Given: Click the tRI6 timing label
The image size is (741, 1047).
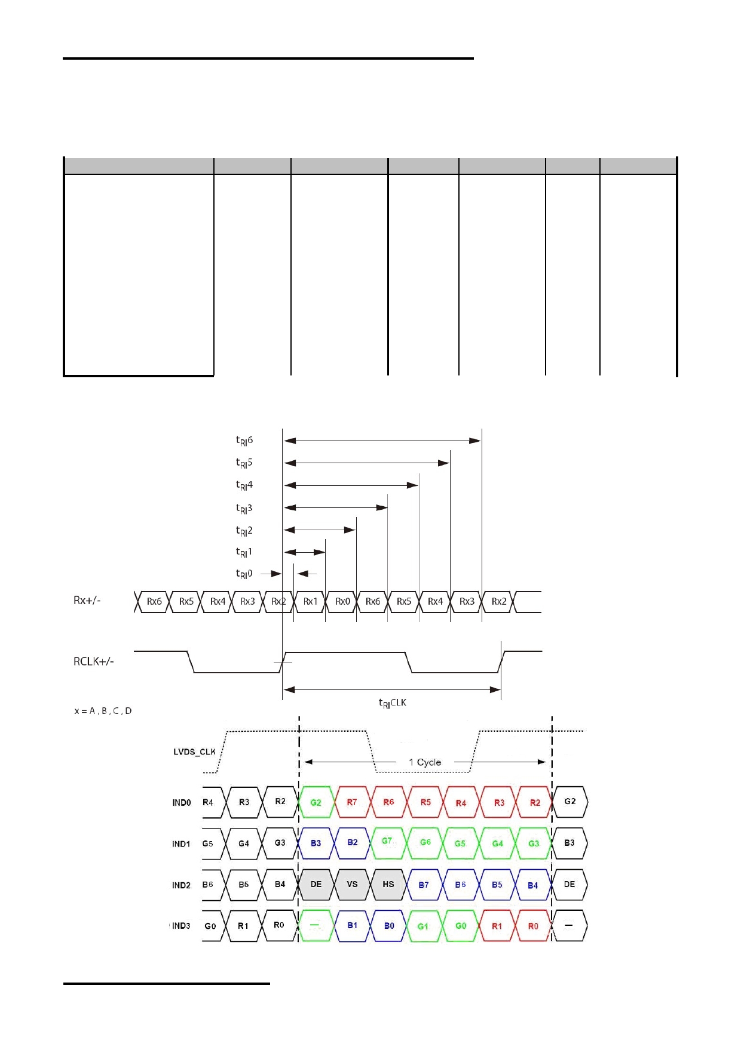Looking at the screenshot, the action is [x=244, y=441].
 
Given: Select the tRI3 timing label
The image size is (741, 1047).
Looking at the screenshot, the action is [x=244, y=509].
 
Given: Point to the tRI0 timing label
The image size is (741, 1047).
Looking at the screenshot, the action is [x=244, y=574].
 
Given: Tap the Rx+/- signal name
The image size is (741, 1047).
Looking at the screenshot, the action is [x=87, y=601].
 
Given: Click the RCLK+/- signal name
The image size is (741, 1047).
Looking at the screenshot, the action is [x=94, y=661].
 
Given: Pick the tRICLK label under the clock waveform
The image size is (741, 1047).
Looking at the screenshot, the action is [x=393, y=703].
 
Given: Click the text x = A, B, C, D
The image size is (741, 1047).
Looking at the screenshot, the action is [x=103, y=711].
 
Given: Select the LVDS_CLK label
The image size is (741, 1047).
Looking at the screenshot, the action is [x=194, y=752].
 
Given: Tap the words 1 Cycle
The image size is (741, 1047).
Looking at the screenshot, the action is [x=425, y=762].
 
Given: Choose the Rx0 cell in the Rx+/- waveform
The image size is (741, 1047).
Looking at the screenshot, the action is [x=342, y=602].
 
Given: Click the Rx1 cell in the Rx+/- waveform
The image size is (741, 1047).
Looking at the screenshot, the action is [x=310, y=602].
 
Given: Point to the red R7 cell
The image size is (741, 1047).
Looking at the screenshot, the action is [x=352, y=802].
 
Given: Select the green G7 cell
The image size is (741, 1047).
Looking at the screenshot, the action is [x=387, y=842].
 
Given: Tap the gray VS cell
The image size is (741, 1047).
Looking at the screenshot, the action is [x=352, y=884].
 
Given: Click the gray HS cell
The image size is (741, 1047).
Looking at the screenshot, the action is [x=388, y=884].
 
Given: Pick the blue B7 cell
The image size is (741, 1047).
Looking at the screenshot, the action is [x=424, y=885].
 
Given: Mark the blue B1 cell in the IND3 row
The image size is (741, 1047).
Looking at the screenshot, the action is [x=353, y=926].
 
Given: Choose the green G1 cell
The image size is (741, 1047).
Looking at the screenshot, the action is [x=423, y=926].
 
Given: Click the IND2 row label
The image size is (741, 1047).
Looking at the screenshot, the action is [x=181, y=885].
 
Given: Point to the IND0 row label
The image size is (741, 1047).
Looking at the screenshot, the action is [x=182, y=803].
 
